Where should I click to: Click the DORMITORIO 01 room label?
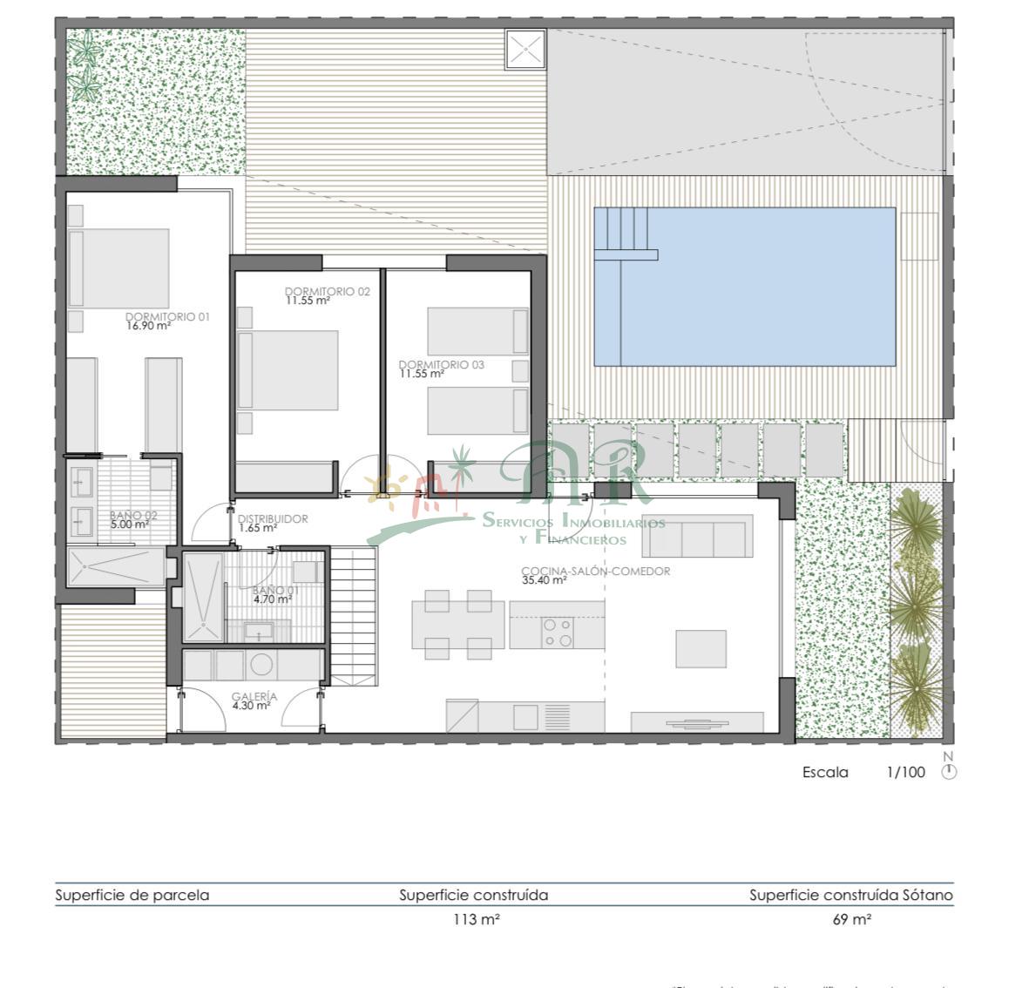point(167,317)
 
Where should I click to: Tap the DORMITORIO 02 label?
point(327,291)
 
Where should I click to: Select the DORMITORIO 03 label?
point(441,365)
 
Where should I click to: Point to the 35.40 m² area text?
point(544,580)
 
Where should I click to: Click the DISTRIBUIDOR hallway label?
point(273,519)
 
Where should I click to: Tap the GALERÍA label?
point(254,697)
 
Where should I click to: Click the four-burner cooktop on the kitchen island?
point(557,633)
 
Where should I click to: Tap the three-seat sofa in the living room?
point(697,537)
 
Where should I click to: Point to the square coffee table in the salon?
point(701,648)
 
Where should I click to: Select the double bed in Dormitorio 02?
point(288,369)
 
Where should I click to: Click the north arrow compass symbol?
point(949,772)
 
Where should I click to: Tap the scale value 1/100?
point(905,772)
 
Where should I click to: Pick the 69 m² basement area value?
point(851,920)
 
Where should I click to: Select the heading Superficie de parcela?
point(132,895)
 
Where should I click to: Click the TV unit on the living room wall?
point(697,723)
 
